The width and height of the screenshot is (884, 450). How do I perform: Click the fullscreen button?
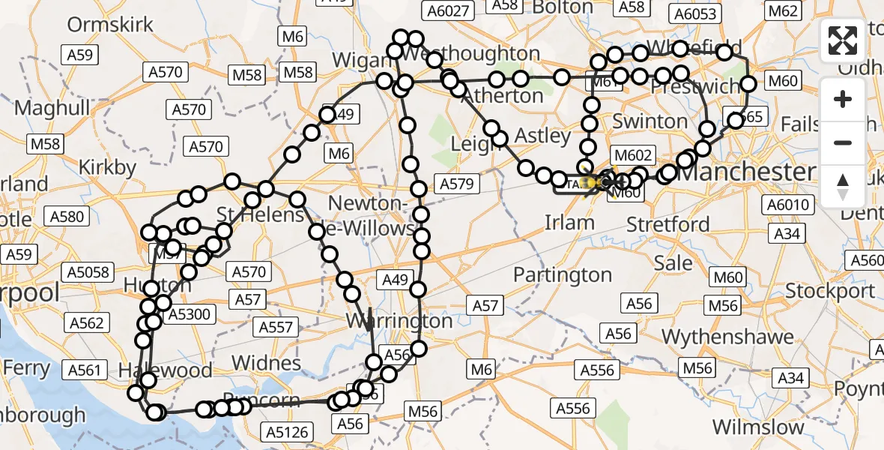coord(843,40)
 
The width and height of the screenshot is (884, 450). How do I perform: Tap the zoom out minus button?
coord(843,142)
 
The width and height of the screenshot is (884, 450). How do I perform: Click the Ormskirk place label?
coord(110,24)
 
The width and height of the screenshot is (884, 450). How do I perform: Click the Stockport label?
coord(831,290)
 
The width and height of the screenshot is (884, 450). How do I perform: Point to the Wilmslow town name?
coord(758,427)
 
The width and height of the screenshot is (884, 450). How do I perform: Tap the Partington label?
coord(563,275)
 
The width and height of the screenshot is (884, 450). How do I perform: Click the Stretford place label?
coord(667,223)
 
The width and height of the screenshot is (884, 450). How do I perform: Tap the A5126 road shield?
coord(288,431)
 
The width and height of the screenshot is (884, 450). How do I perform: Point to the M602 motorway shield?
coord(632,155)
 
